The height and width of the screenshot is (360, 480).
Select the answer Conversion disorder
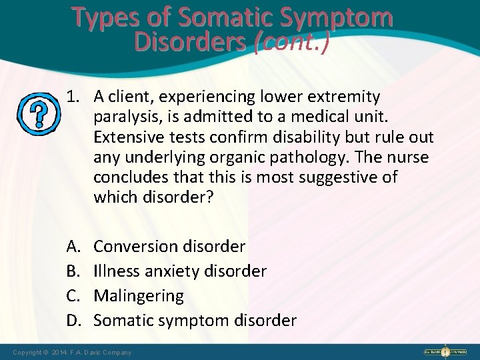point(169,247)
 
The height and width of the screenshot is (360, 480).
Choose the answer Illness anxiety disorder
point(180,271)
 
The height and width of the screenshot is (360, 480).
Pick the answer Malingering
point(139,295)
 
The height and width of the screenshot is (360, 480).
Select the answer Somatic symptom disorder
point(195,321)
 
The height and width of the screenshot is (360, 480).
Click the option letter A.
point(73,247)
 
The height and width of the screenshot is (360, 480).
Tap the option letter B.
point(73,271)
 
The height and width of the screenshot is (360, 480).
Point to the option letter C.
point(73,295)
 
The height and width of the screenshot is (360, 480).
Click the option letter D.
point(73,321)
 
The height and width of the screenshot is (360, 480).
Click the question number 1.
point(73,97)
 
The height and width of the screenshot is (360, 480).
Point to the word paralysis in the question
point(127,118)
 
